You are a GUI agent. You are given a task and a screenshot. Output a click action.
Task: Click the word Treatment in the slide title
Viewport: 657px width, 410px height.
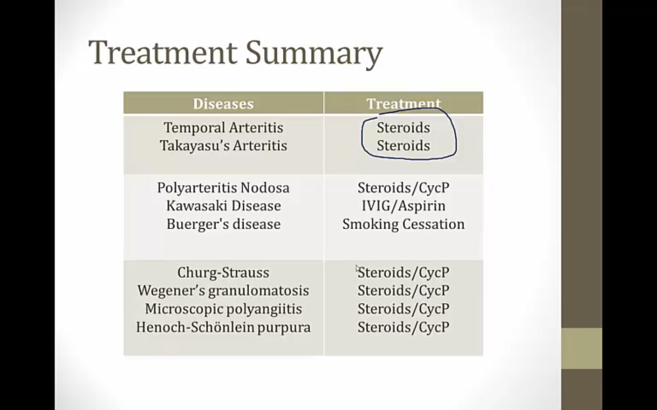pyautogui.click(x=163, y=53)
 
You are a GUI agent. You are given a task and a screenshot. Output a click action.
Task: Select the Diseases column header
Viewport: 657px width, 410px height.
pyautogui.click(x=223, y=104)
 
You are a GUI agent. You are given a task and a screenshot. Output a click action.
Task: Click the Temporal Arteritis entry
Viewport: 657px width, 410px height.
pyautogui.click(x=224, y=128)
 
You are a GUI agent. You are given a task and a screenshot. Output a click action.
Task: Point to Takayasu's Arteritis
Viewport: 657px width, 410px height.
pyautogui.click(x=224, y=146)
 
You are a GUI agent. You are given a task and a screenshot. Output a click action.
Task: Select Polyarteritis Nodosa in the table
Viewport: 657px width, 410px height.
pyautogui.click(x=223, y=188)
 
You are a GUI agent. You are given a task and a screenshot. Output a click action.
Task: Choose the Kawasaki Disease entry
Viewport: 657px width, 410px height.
pyautogui.click(x=224, y=206)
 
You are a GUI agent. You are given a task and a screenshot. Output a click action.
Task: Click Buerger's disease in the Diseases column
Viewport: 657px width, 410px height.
pyautogui.click(x=224, y=224)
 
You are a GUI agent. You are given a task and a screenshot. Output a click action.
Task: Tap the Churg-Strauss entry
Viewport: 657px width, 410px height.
pyautogui.click(x=223, y=272)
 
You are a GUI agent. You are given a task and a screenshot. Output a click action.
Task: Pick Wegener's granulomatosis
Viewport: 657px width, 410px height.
pyautogui.click(x=223, y=291)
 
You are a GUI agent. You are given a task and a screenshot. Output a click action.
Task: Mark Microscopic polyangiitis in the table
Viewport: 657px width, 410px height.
pyautogui.click(x=224, y=309)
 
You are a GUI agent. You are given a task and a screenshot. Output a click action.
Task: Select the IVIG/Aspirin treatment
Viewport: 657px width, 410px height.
pyautogui.click(x=404, y=206)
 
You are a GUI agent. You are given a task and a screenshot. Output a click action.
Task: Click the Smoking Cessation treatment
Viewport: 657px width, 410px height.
pyautogui.click(x=404, y=225)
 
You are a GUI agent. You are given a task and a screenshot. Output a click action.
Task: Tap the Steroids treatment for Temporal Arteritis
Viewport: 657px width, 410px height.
pyautogui.click(x=404, y=128)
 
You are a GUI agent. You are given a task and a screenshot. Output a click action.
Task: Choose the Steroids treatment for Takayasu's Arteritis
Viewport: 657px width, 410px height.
pyautogui.click(x=404, y=146)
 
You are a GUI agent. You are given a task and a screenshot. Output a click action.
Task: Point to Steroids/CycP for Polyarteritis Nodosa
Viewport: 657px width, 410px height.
pyautogui.click(x=404, y=188)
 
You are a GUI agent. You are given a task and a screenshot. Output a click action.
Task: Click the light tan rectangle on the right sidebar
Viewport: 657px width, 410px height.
pyautogui.click(x=582, y=348)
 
